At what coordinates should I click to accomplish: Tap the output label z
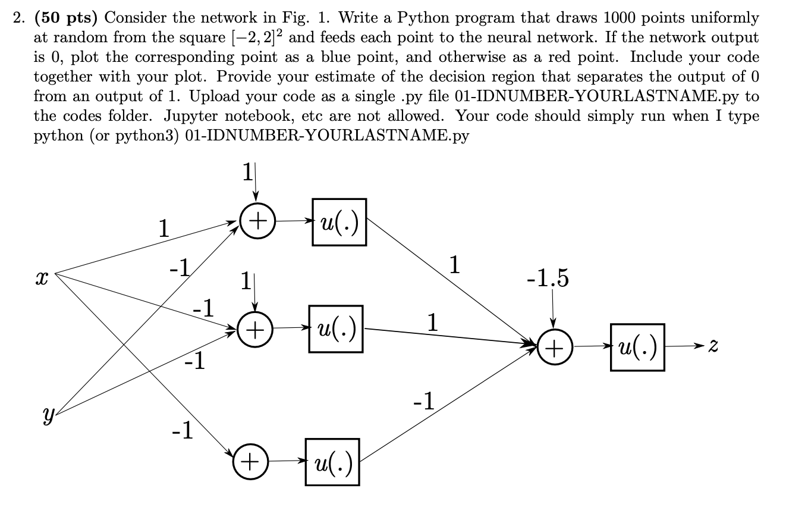pos(714,346)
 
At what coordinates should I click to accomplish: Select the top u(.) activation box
pos(339,222)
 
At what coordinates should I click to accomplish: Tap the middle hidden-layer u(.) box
pos(336,328)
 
